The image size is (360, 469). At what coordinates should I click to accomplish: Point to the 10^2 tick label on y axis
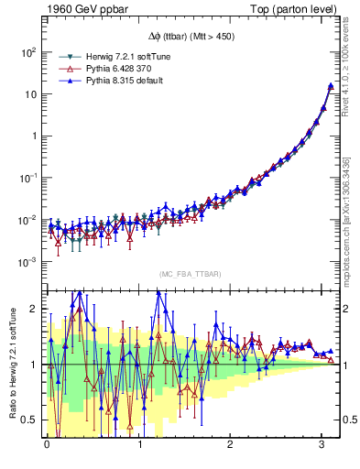(x=28, y=52)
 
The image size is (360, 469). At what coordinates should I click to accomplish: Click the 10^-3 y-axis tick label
(x=27, y=262)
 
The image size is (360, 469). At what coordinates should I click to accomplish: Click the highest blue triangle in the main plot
(x=331, y=85)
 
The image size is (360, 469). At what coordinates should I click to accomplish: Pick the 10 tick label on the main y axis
(x=30, y=94)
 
